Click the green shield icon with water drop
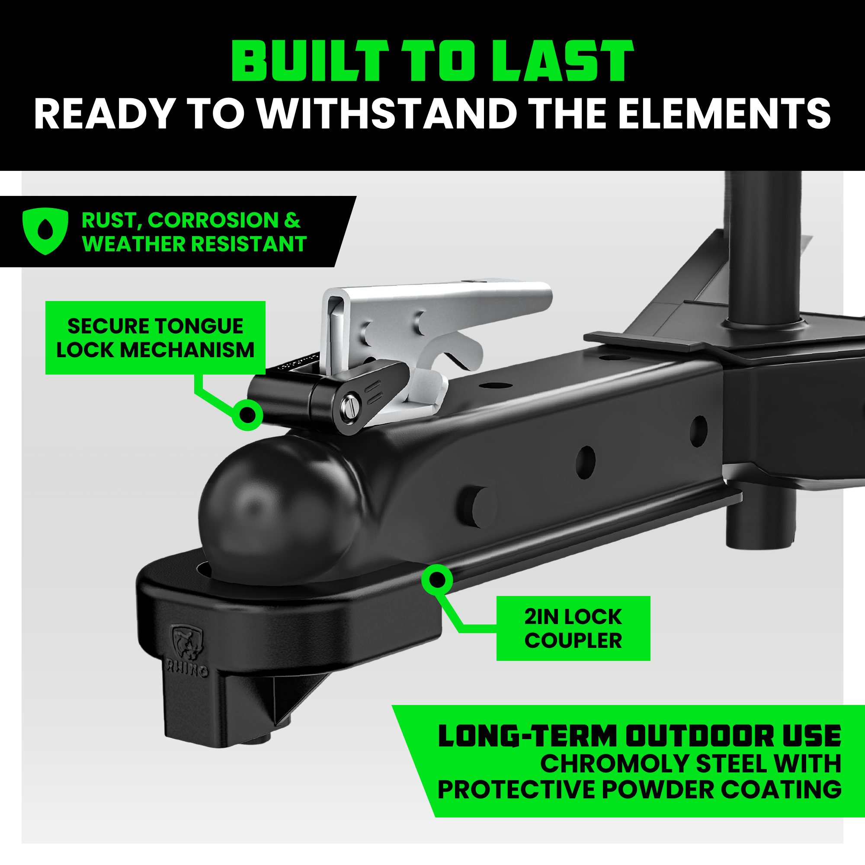pyautogui.click(x=45, y=231)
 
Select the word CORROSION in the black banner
pyautogui.click(x=213, y=220)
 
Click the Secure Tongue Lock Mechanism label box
pyautogui.click(x=155, y=338)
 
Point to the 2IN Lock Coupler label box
pyautogui.click(x=573, y=628)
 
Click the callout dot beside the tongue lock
pyautogui.click(x=247, y=415)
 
